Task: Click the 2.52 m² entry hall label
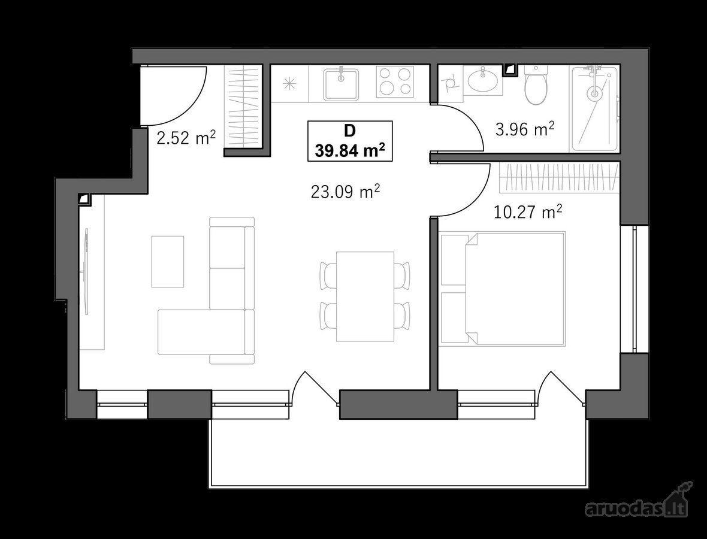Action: (x=186, y=138)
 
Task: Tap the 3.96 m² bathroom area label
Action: (x=525, y=129)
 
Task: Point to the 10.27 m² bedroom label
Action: (x=528, y=212)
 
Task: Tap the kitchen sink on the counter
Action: (x=341, y=84)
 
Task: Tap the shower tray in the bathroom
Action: (x=595, y=109)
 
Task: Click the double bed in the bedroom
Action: (x=502, y=289)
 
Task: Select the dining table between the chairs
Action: (x=365, y=296)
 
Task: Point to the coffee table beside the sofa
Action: (x=168, y=261)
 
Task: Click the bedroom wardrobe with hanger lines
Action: (x=559, y=177)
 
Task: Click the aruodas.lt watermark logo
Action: (x=637, y=504)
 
